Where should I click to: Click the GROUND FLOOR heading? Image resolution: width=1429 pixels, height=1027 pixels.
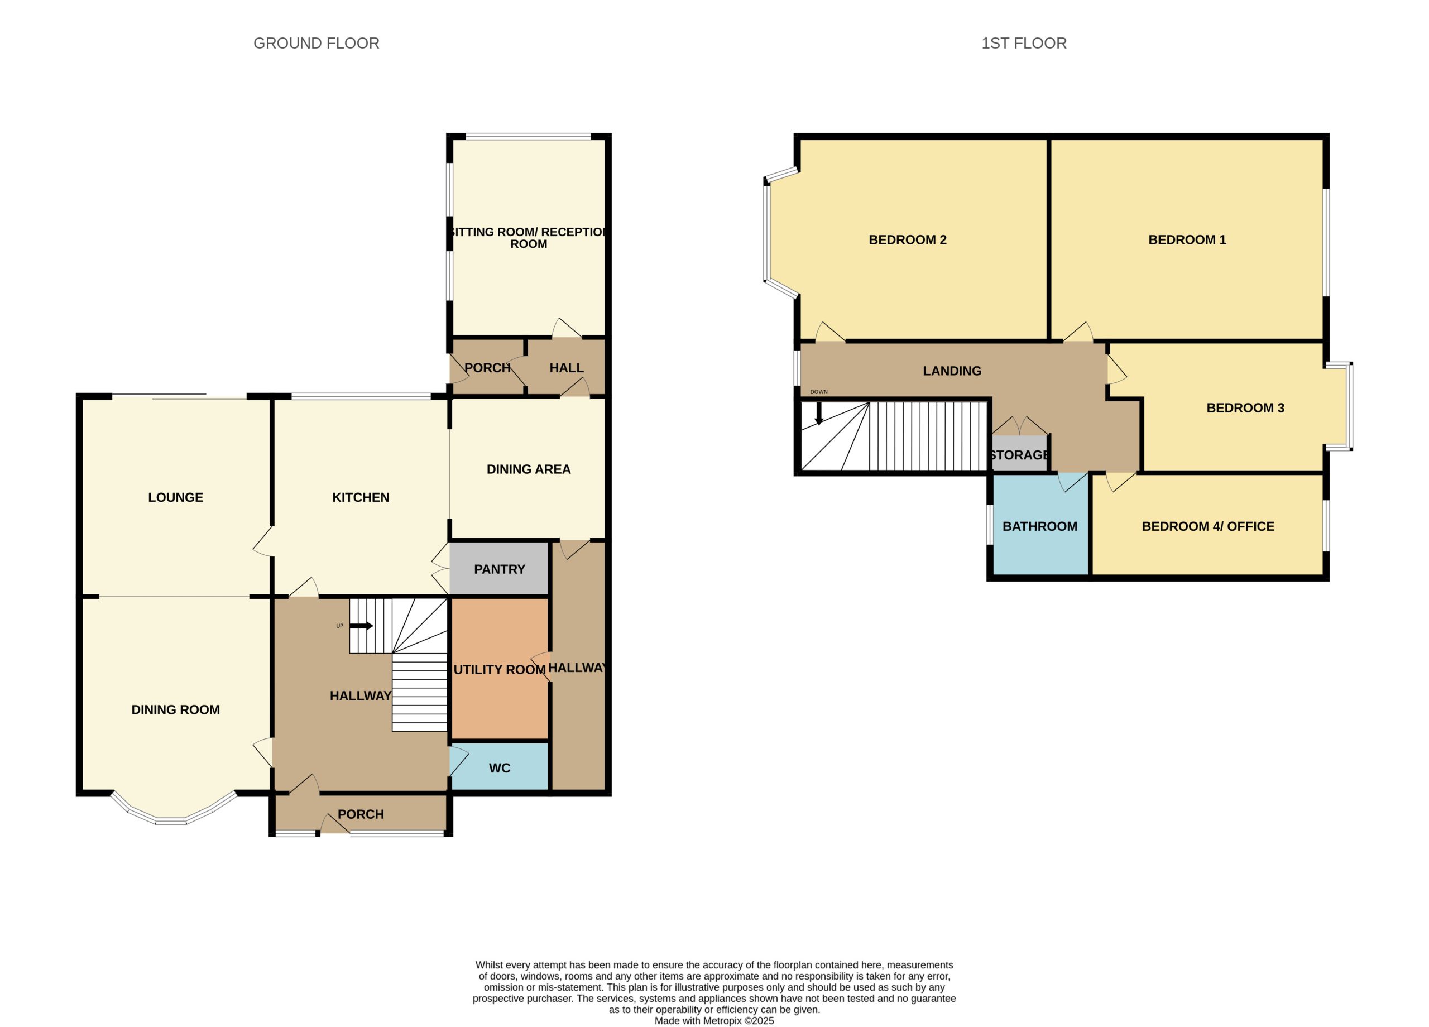pos(317,43)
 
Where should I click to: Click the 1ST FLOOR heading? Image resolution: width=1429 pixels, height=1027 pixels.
pos(1024,43)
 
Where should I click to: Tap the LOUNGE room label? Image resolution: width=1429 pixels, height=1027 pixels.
pos(176,497)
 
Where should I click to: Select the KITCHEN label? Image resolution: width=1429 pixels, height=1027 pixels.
pos(361,497)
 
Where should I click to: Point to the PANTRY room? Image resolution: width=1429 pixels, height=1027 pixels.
pos(499,568)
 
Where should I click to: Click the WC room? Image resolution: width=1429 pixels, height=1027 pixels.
pos(500,767)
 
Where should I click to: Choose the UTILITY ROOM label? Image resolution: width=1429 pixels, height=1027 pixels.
pos(500,670)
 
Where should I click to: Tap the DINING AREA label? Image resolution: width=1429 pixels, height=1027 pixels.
pos(529,469)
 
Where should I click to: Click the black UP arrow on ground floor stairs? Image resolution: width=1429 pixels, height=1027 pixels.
pos(361,626)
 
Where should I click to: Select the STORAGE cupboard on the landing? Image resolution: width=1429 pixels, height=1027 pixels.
pos(1019,454)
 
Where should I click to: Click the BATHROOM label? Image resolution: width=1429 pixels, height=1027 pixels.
pos(1039,526)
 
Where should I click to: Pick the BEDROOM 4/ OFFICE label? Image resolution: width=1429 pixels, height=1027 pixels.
pos(1208,526)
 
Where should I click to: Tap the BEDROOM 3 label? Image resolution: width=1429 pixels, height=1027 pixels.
pos(1245,407)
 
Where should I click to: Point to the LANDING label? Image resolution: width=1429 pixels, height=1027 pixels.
pos(952,371)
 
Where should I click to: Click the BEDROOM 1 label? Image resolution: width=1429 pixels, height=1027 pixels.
pos(1187,239)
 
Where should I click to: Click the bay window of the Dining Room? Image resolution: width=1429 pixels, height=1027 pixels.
pos(171,820)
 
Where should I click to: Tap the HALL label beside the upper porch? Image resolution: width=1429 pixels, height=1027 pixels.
pos(567,368)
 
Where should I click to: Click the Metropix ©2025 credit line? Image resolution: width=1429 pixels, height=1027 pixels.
pos(714,1021)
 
